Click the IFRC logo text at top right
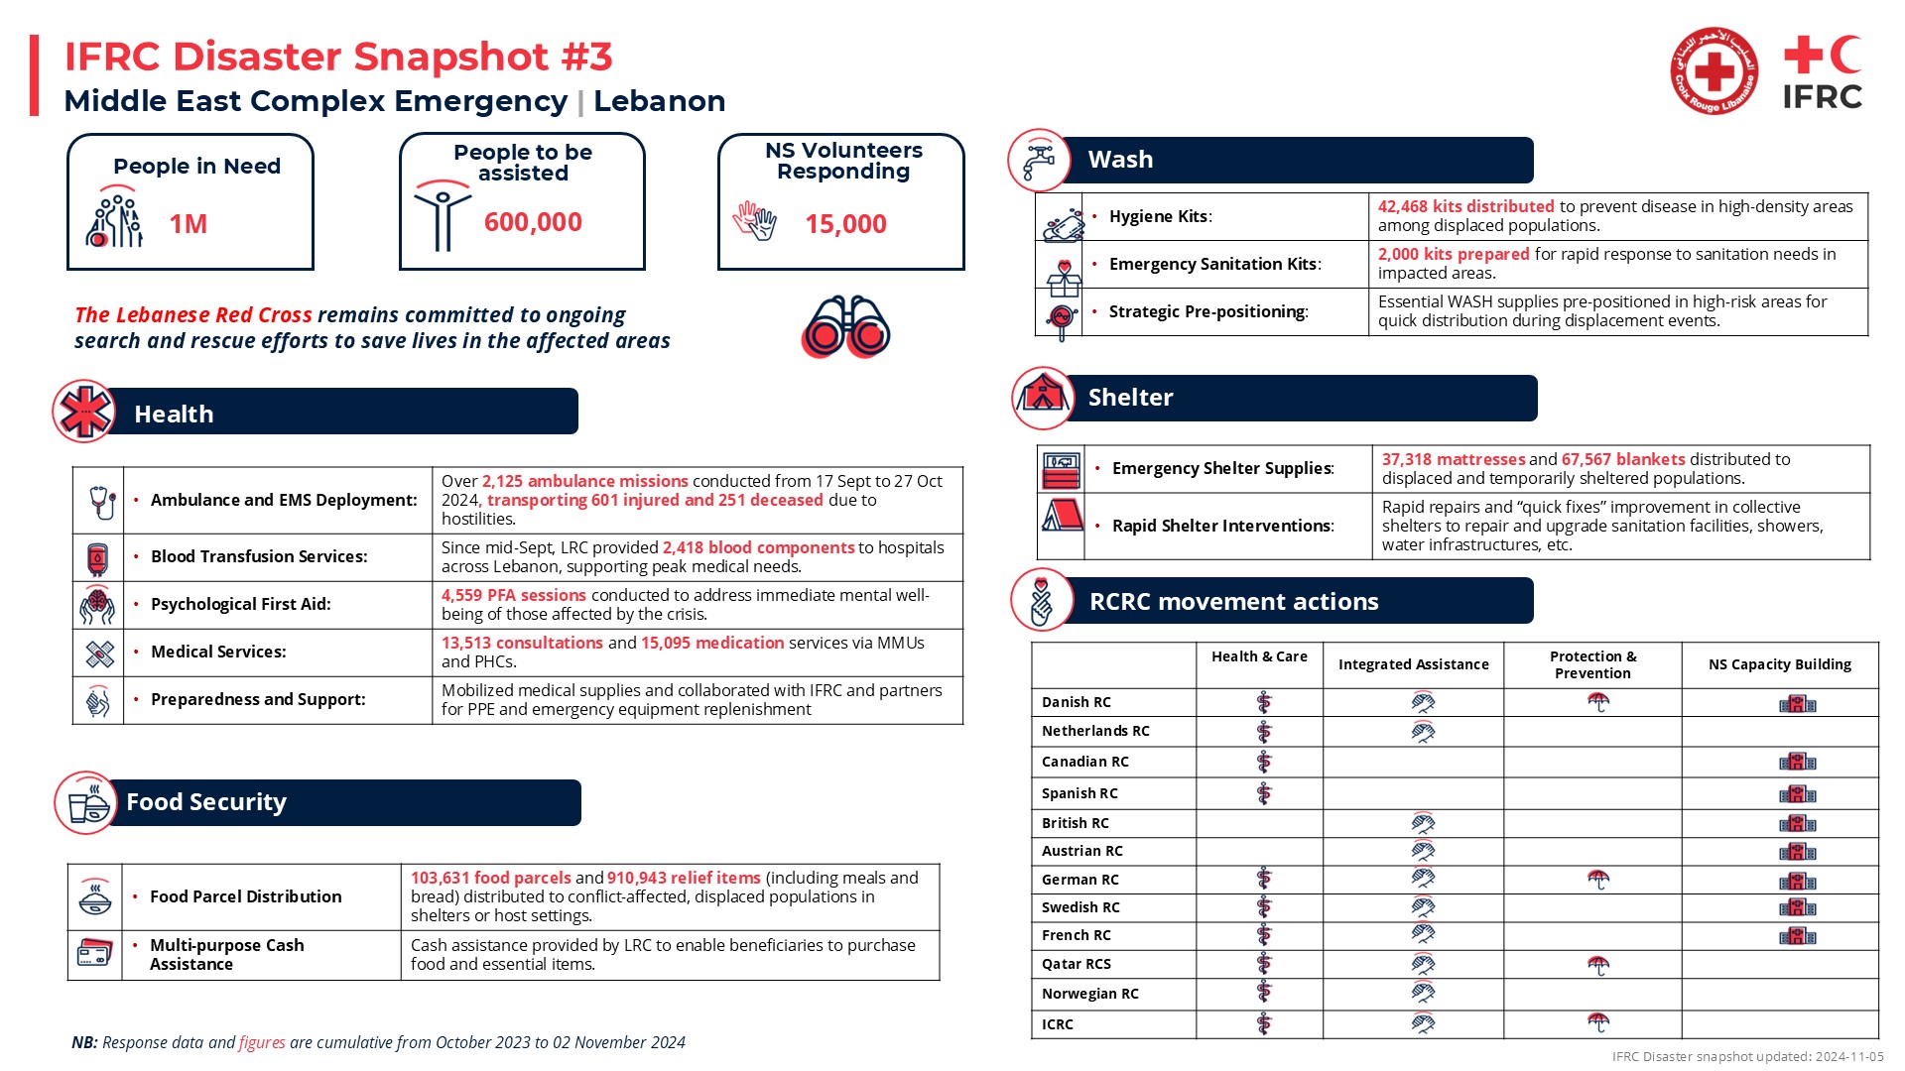tap(1822, 97)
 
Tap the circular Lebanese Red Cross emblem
tap(1714, 71)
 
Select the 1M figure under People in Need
tap(189, 224)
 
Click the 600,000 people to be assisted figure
tap(533, 222)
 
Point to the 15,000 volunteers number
tap(845, 224)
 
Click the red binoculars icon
tap(845, 326)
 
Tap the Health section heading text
tap(174, 414)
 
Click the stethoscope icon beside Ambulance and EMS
tap(100, 501)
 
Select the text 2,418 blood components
tap(758, 547)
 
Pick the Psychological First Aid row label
tap(240, 604)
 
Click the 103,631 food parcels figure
tap(490, 878)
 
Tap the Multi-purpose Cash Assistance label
tap(226, 954)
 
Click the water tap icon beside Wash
tap(1038, 161)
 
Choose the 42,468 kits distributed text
tap(1465, 206)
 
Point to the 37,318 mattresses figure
tap(1453, 459)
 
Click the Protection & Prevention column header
tap(1592, 664)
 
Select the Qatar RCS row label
tap(1076, 964)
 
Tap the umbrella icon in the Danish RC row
tap(1597, 702)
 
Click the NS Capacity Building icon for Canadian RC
tap(1797, 762)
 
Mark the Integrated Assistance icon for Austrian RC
tap(1422, 851)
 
